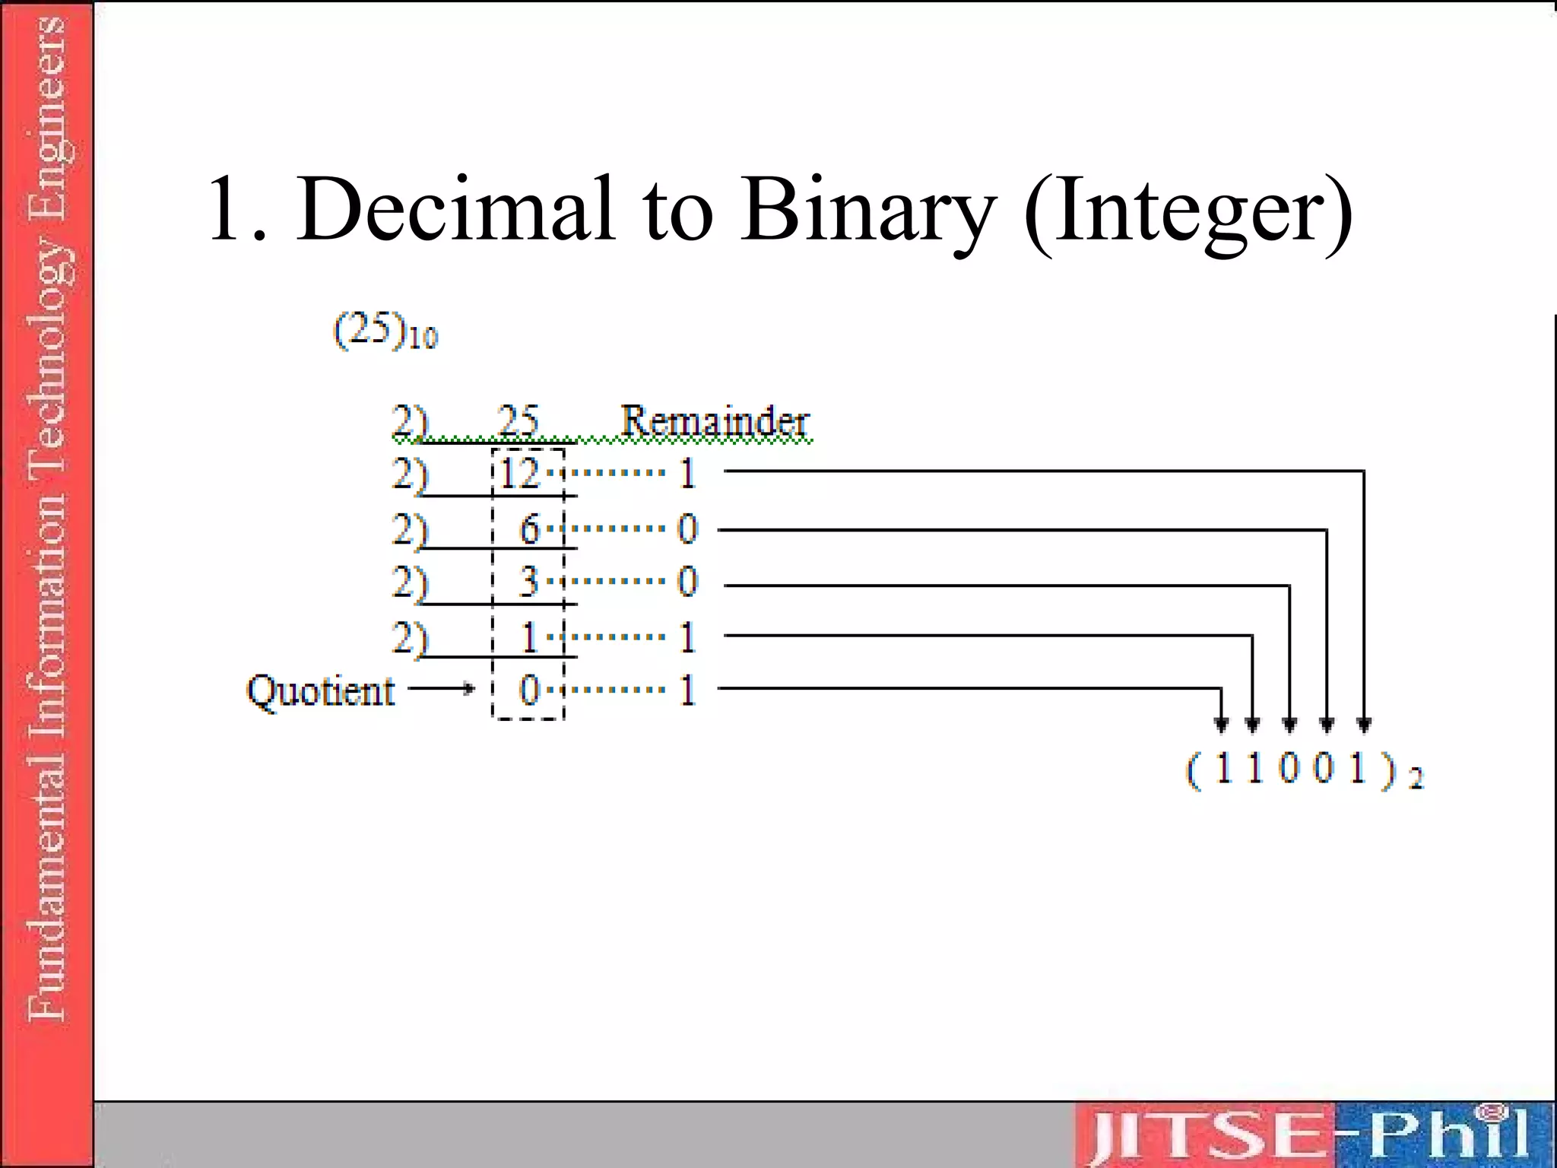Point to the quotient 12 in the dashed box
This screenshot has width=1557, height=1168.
click(521, 473)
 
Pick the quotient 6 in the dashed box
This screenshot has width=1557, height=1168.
click(529, 528)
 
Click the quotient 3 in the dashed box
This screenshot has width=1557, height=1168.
click(529, 582)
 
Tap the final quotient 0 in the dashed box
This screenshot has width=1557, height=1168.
click(529, 690)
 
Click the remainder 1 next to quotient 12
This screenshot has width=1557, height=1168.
click(687, 473)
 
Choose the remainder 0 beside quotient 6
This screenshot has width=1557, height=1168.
click(687, 528)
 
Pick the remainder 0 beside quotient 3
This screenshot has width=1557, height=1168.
click(687, 582)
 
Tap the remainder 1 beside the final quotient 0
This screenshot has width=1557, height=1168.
click(687, 690)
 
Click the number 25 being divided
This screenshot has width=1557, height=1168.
click(518, 421)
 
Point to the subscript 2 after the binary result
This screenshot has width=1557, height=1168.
click(1415, 779)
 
